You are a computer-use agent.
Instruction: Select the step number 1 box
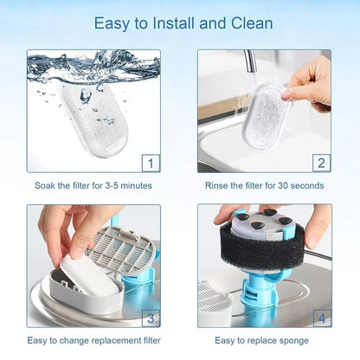coord(151,162)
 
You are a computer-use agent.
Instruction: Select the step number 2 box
coord(321,162)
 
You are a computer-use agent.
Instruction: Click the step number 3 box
coord(151,317)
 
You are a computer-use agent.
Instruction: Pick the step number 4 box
coord(321,317)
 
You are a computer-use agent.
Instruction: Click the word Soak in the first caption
coord(46,185)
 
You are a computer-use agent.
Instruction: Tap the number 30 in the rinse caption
coord(290,185)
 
